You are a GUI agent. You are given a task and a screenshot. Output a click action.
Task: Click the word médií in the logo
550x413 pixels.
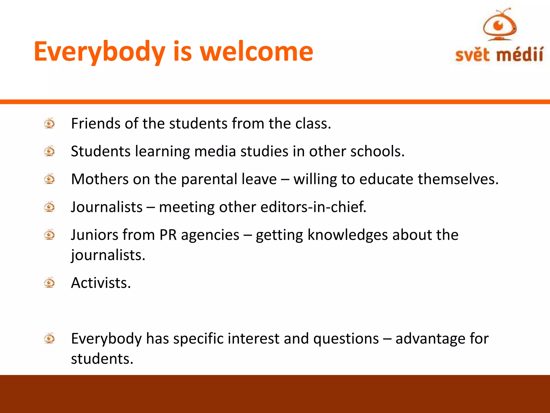point(519,55)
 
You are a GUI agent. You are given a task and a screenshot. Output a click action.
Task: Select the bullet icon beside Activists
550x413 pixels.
point(49,283)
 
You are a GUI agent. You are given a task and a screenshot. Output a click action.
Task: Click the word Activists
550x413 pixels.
point(101,283)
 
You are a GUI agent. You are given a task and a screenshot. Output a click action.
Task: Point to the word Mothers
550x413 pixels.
point(100,179)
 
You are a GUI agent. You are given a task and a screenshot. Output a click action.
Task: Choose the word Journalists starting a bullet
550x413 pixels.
point(107,207)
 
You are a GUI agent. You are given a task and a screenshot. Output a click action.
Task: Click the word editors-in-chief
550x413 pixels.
point(313,207)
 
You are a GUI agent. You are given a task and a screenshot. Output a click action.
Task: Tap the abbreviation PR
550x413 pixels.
point(168,235)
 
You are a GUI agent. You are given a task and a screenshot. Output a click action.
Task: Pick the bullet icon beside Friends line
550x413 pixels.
point(49,123)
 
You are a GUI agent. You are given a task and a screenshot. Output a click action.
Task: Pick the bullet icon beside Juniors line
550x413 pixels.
point(49,235)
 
